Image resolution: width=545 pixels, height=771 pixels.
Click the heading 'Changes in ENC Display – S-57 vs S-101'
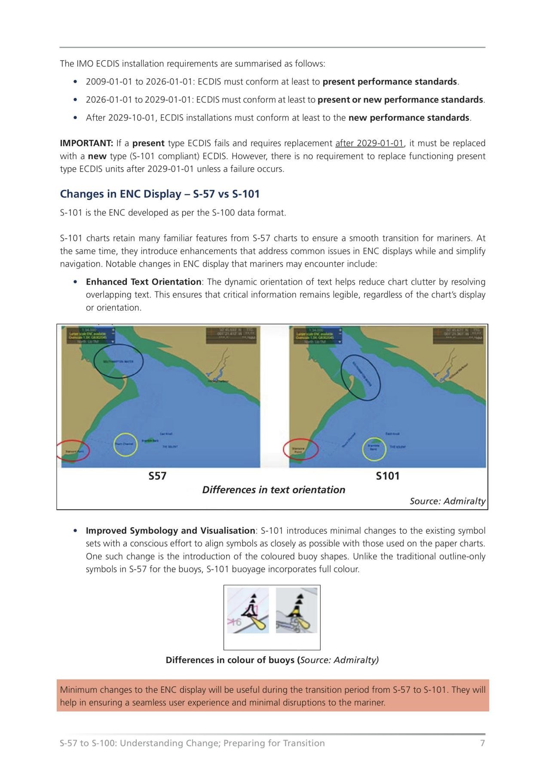click(x=159, y=194)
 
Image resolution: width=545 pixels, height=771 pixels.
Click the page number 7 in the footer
click(x=482, y=743)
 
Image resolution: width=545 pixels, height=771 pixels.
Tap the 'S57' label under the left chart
click(x=157, y=476)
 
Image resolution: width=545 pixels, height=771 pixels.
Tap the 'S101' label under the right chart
click(x=388, y=476)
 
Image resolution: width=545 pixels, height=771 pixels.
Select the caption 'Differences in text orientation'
click(x=273, y=490)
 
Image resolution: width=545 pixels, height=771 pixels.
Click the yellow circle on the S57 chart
click(x=125, y=445)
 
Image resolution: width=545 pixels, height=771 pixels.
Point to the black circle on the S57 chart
click(x=118, y=362)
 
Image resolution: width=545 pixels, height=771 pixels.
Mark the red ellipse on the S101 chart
click(x=300, y=449)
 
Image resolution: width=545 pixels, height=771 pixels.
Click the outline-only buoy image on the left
click(x=248, y=610)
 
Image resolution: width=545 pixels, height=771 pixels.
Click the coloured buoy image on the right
click(x=297, y=610)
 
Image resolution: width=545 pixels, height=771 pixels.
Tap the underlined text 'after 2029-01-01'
click(x=369, y=143)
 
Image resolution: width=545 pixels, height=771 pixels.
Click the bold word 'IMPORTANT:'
click(x=86, y=143)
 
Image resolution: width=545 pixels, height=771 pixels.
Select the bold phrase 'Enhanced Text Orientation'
click(x=144, y=282)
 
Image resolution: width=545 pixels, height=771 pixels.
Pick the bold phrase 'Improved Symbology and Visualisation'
click(x=170, y=531)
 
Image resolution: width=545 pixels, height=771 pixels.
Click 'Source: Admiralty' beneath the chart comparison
click(x=447, y=501)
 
